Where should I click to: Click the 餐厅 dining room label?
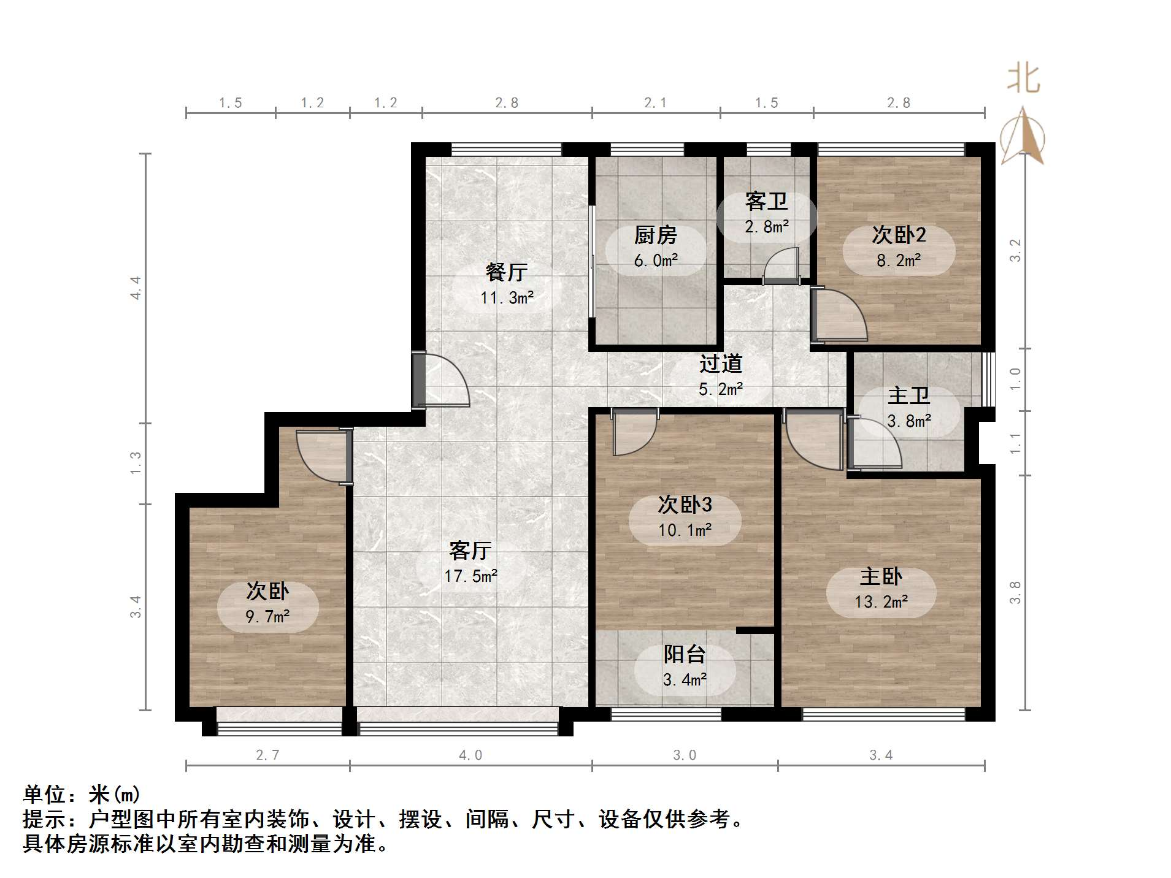(506, 272)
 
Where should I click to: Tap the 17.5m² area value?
(470, 576)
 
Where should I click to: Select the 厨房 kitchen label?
(655, 235)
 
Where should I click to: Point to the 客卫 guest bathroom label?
(766, 201)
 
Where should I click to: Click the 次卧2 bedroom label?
(899, 235)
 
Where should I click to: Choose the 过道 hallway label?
(721, 364)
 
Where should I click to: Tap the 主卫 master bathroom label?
(908, 395)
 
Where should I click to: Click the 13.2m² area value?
(881, 602)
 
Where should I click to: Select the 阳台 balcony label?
(684, 654)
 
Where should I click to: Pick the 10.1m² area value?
(685, 530)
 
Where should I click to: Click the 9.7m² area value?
(267, 617)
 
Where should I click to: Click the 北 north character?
(1023, 79)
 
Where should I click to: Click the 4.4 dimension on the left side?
(136, 288)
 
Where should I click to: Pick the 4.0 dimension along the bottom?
(470, 755)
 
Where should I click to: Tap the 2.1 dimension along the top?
(655, 103)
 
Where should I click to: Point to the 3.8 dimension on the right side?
(1015, 592)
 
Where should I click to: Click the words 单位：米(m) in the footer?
(82, 795)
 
